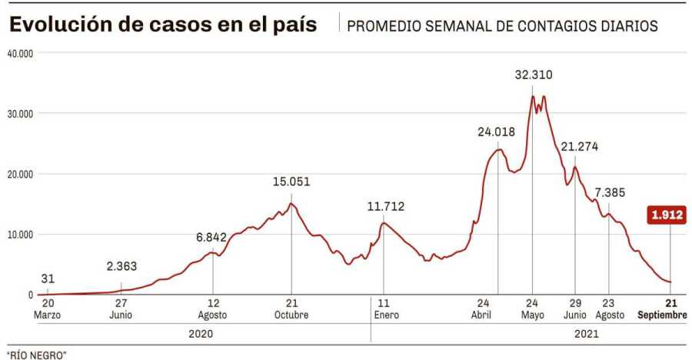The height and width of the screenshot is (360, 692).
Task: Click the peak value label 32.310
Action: tap(533, 75)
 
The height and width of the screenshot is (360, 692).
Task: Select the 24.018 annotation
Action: tap(496, 132)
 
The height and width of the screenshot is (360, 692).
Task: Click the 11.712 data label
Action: tap(385, 206)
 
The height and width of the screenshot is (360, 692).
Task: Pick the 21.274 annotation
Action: tap(579, 146)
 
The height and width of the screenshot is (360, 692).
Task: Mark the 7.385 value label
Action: tap(609, 191)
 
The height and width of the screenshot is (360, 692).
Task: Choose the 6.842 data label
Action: tap(212, 237)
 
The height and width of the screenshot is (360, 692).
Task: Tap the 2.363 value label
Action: tap(121, 266)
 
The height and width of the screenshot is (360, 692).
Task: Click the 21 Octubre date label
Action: tap(291, 308)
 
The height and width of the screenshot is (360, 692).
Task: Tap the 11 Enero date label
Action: tap(384, 308)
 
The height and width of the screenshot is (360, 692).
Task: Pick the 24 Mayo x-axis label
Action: tap(532, 308)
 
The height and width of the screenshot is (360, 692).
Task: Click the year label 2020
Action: tap(199, 334)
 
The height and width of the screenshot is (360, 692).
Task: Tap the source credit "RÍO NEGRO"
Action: tap(37, 354)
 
